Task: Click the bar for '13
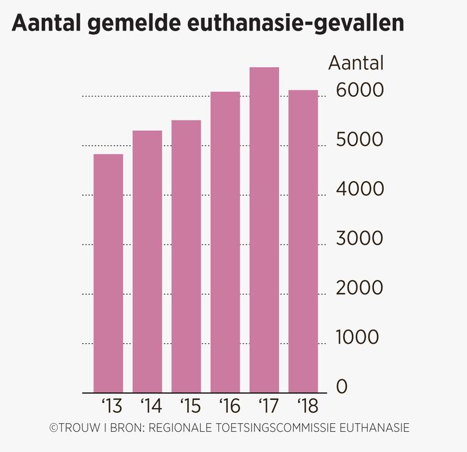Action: pyautogui.click(x=108, y=273)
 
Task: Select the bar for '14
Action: pyautogui.click(x=148, y=261)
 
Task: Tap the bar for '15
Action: pyautogui.click(x=187, y=256)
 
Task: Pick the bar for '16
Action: pyautogui.click(x=225, y=242)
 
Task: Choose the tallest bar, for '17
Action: pyautogui.click(x=264, y=229)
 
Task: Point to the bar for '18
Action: pyautogui.click(x=303, y=241)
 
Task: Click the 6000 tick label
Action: pyautogui.click(x=360, y=90)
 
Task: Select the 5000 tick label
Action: pyautogui.click(x=360, y=139)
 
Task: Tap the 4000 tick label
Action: pyautogui.click(x=360, y=189)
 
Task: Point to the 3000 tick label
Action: pyautogui.click(x=360, y=239)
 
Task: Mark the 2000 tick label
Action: pyautogui.click(x=360, y=288)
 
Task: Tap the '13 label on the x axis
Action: pyautogui.click(x=111, y=406)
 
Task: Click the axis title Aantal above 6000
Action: pyautogui.click(x=356, y=63)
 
